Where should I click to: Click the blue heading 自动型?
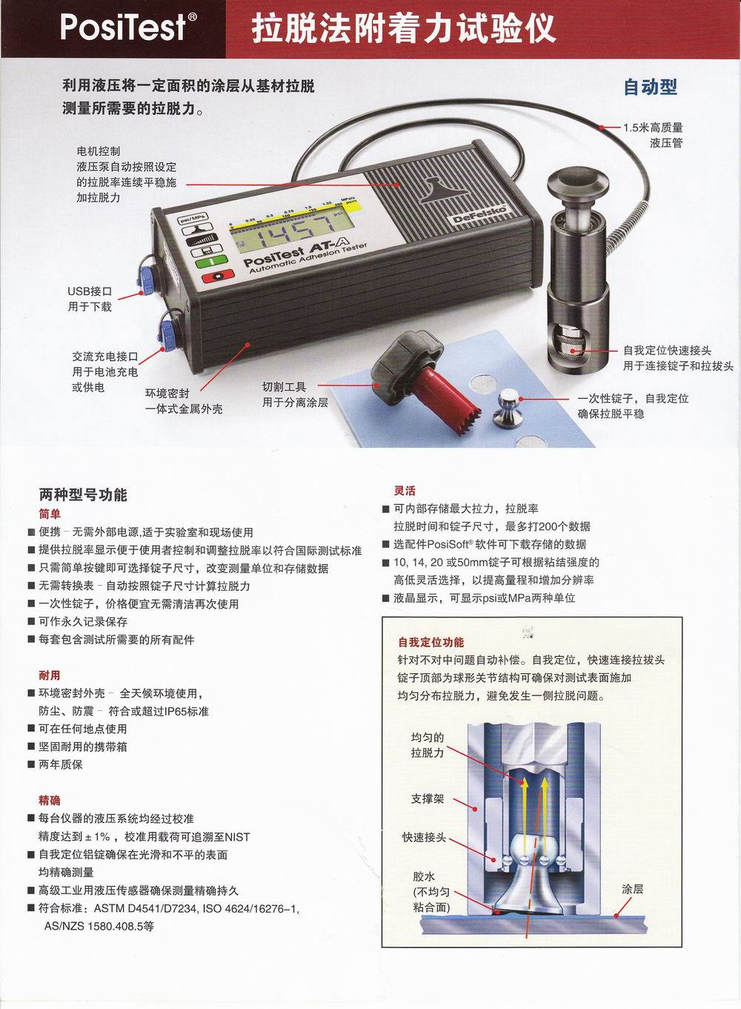pyautogui.click(x=650, y=87)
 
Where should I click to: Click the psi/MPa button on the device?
pyautogui.click(x=193, y=219)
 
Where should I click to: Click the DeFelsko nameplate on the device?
pyautogui.click(x=478, y=214)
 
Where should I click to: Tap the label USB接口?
pyautogui.click(x=90, y=291)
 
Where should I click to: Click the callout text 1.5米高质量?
pyautogui.click(x=654, y=128)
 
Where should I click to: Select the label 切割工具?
pyautogui.click(x=285, y=386)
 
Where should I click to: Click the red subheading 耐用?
pyautogui.click(x=49, y=675)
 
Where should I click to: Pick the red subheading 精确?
pyautogui.click(x=49, y=801)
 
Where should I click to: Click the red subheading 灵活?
pyautogui.click(x=405, y=491)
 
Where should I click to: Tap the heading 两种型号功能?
pyautogui.click(x=83, y=495)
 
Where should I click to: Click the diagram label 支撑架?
pyautogui.click(x=428, y=798)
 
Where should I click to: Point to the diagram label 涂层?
pyautogui.click(x=633, y=889)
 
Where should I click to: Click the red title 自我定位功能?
pyautogui.click(x=431, y=642)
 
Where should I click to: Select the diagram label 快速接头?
pyautogui.click(x=424, y=837)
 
